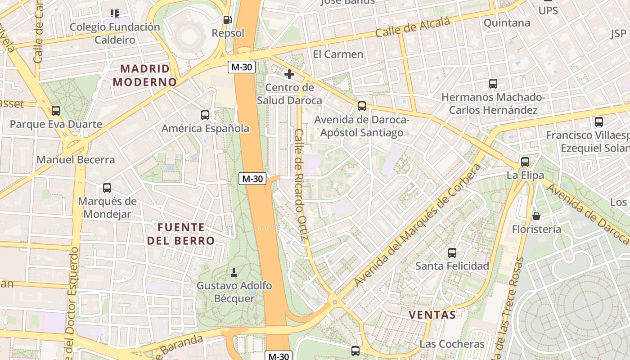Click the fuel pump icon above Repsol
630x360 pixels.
pos(228,20)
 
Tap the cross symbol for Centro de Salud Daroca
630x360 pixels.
pos(289,74)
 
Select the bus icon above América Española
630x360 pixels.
pos(205,115)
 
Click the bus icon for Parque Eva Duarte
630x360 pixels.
pos(56,111)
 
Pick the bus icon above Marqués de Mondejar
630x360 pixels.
pos(107,188)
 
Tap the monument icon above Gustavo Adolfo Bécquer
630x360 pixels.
pos(234,272)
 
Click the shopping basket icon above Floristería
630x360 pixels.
pos(536,216)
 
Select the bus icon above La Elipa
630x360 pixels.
pos(525,162)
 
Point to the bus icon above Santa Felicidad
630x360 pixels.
pos(452,253)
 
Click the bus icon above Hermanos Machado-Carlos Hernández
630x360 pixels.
pos(493,84)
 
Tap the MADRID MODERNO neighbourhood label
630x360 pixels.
pos(145,75)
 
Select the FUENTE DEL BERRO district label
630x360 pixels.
pos(181,234)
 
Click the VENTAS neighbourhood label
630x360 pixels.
pos(432,315)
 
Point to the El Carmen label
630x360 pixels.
pos(338,54)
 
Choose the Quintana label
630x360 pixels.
pos(507,23)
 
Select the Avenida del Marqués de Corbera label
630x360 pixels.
pos(417,225)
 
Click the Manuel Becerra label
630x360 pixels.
pos(76,160)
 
